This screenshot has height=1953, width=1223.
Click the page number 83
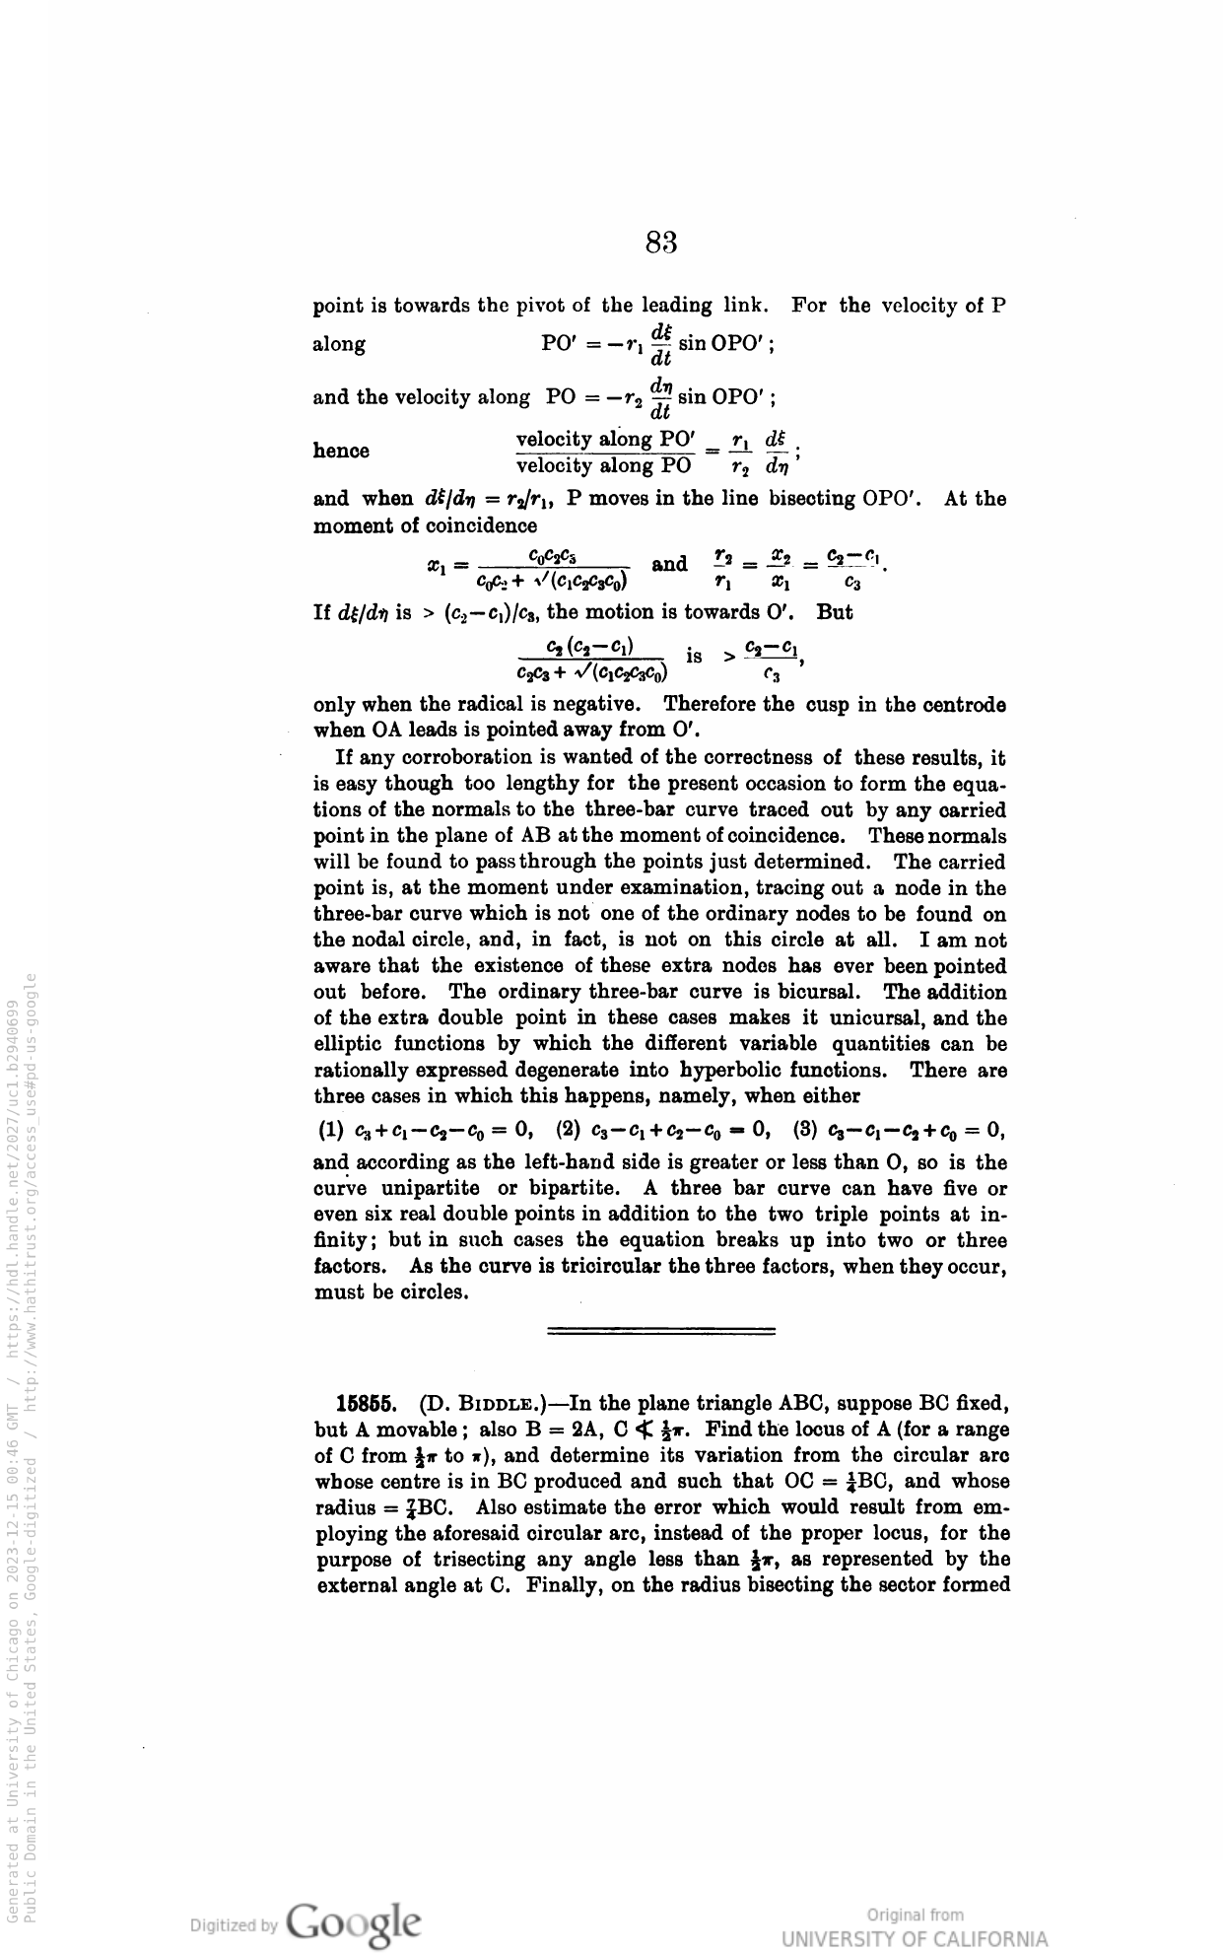click(x=661, y=242)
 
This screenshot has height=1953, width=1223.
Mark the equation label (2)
click(x=573, y=1129)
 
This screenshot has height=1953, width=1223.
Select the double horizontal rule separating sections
click(x=660, y=1332)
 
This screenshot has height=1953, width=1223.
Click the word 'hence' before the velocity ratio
click(x=341, y=451)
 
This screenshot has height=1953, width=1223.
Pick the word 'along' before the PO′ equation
click(x=339, y=344)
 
